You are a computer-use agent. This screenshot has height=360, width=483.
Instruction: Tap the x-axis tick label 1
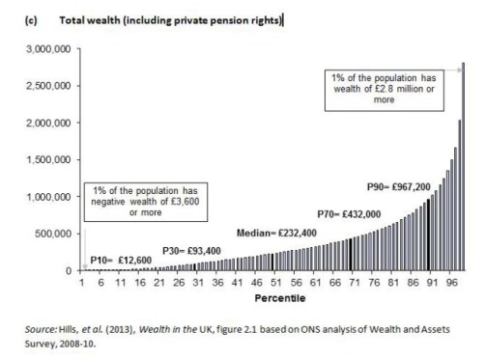[83, 285]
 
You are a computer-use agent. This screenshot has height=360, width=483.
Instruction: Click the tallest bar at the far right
[464, 169]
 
